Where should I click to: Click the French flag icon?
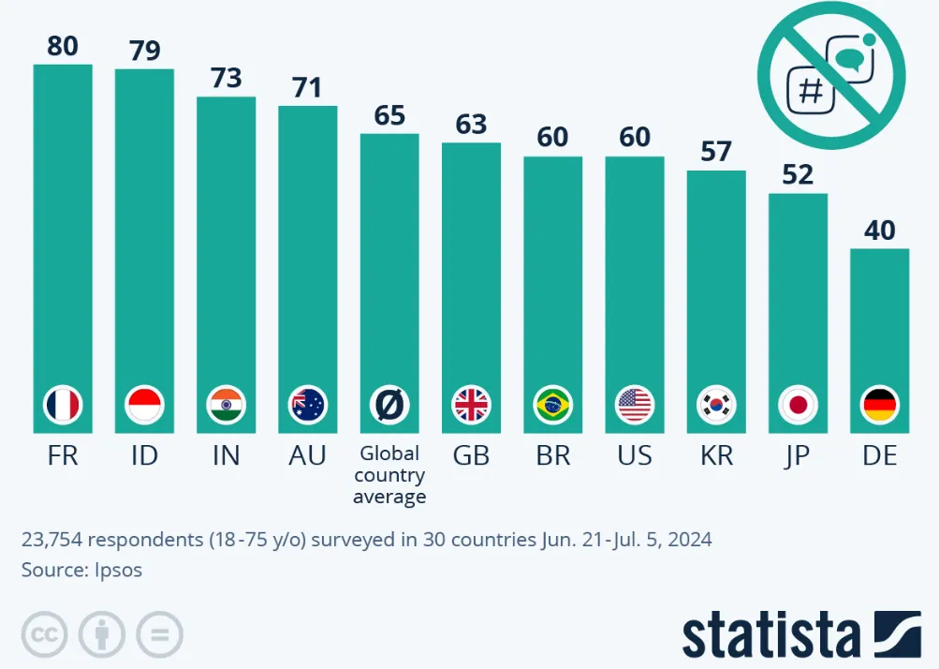(63, 406)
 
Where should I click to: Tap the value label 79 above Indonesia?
(145, 50)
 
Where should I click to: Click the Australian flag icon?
(307, 406)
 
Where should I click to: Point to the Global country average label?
(389, 475)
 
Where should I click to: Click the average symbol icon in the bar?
(389, 406)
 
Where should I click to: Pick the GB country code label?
(471, 455)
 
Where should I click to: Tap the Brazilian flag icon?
(552, 406)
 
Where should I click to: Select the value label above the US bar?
(635, 137)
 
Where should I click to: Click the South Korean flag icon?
(716, 406)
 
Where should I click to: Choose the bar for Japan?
(798, 300)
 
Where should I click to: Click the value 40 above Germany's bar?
(880, 229)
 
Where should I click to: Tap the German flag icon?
(879, 406)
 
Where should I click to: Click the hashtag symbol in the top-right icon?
(812, 92)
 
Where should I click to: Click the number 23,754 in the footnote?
(54, 540)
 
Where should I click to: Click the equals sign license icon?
(159, 634)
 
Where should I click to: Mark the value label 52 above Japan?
(798, 174)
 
